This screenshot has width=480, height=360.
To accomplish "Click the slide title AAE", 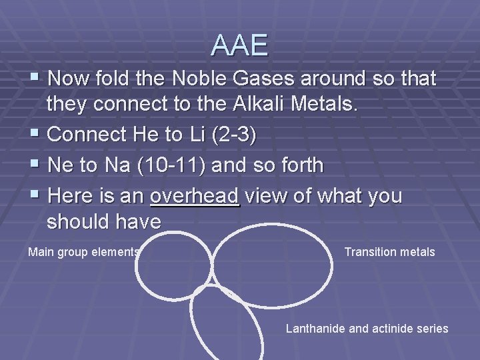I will tap(239, 45).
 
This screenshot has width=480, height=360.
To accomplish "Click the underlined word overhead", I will tap(195, 196).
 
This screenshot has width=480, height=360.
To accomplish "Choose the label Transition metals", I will tap(389, 252).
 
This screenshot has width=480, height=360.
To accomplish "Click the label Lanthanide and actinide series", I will tap(367, 328).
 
